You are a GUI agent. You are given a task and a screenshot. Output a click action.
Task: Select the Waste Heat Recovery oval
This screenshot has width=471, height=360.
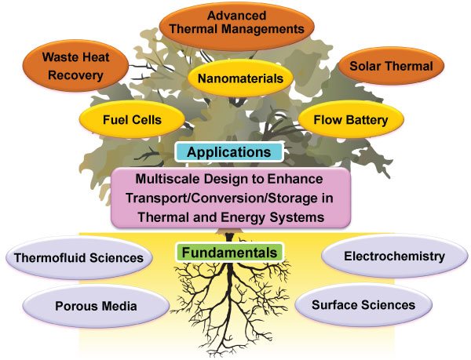pos(65,66)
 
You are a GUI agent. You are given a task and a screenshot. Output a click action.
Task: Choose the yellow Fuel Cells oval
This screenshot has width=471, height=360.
pos(132,121)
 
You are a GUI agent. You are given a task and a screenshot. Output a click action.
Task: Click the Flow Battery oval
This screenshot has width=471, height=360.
pos(350,121)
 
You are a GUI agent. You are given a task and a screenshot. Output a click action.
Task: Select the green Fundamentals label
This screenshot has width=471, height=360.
pos(229,253)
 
